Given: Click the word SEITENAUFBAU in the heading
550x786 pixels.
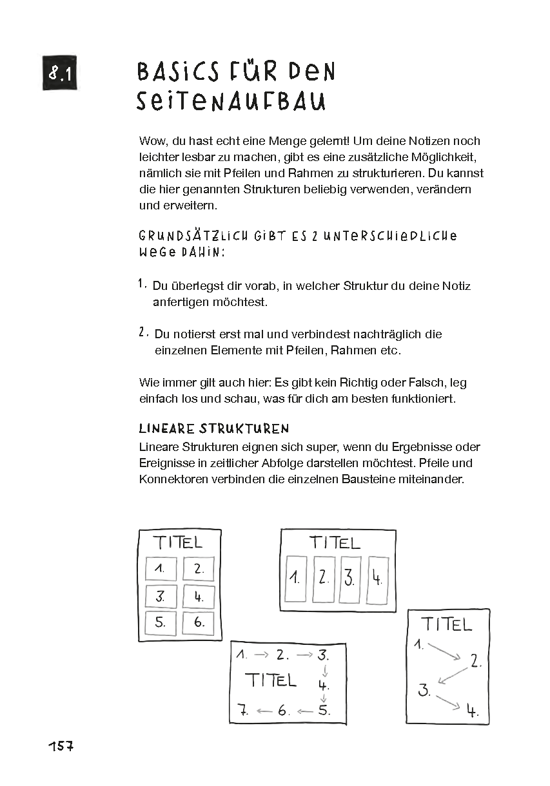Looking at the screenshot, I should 230,102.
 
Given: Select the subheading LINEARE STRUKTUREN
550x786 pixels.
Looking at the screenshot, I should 214,429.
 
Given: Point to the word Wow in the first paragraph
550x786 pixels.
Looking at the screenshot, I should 151,141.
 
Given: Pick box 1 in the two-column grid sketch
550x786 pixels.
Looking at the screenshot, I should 161,569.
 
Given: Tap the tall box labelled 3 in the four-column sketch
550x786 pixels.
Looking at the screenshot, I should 349,578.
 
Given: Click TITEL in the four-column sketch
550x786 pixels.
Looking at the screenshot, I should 334,542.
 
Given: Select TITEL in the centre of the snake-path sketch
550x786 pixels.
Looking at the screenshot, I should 271,680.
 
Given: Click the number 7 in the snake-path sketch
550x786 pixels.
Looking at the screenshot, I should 242,711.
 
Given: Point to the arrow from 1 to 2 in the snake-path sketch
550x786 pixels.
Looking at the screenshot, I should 261,655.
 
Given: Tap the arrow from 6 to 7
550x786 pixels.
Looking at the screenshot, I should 264,711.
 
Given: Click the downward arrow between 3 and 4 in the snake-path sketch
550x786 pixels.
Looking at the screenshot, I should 324,671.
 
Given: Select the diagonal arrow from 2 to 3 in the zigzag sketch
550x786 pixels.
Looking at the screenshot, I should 451,674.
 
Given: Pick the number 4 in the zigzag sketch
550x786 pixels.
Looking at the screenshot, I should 473,711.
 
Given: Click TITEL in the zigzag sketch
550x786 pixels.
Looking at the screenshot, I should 446,624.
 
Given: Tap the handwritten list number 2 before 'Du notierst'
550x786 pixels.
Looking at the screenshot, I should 141,332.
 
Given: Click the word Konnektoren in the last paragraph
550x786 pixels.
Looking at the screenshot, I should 170,479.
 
